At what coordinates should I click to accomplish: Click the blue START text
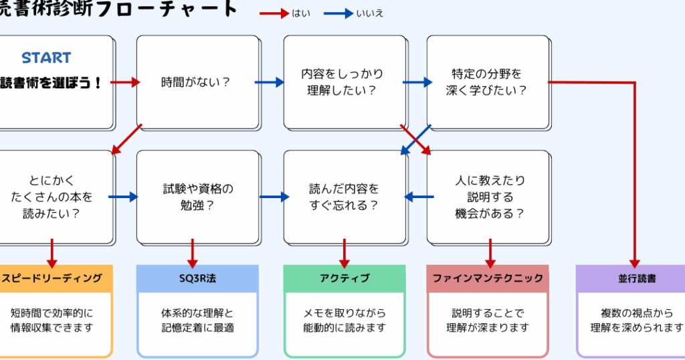pyautogui.click(x=46, y=58)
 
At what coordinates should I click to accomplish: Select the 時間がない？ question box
pyautogui.click(x=197, y=82)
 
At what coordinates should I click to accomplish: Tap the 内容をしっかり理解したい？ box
pyautogui.click(x=344, y=82)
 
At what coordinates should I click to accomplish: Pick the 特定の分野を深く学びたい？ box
pyautogui.click(x=487, y=82)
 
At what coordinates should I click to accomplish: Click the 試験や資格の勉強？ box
pyautogui.click(x=197, y=197)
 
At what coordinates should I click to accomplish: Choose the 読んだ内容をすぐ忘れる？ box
pyautogui.click(x=344, y=197)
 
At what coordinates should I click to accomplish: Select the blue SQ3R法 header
pyautogui.click(x=197, y=278)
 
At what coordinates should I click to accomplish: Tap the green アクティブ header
pyautogui.click(x=344, y=278)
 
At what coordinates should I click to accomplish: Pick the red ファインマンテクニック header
pyautogui.click(x=488, y=278)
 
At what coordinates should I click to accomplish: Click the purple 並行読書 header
pyautogui.click(x=632, y=278)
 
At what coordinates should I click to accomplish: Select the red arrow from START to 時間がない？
pyautogui.click(x=125, y=82)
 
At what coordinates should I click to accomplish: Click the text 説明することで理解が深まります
pyautogui.click(x=488, y=320)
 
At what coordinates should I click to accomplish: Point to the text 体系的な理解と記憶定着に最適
pyautogui.click(x=197, y=320)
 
